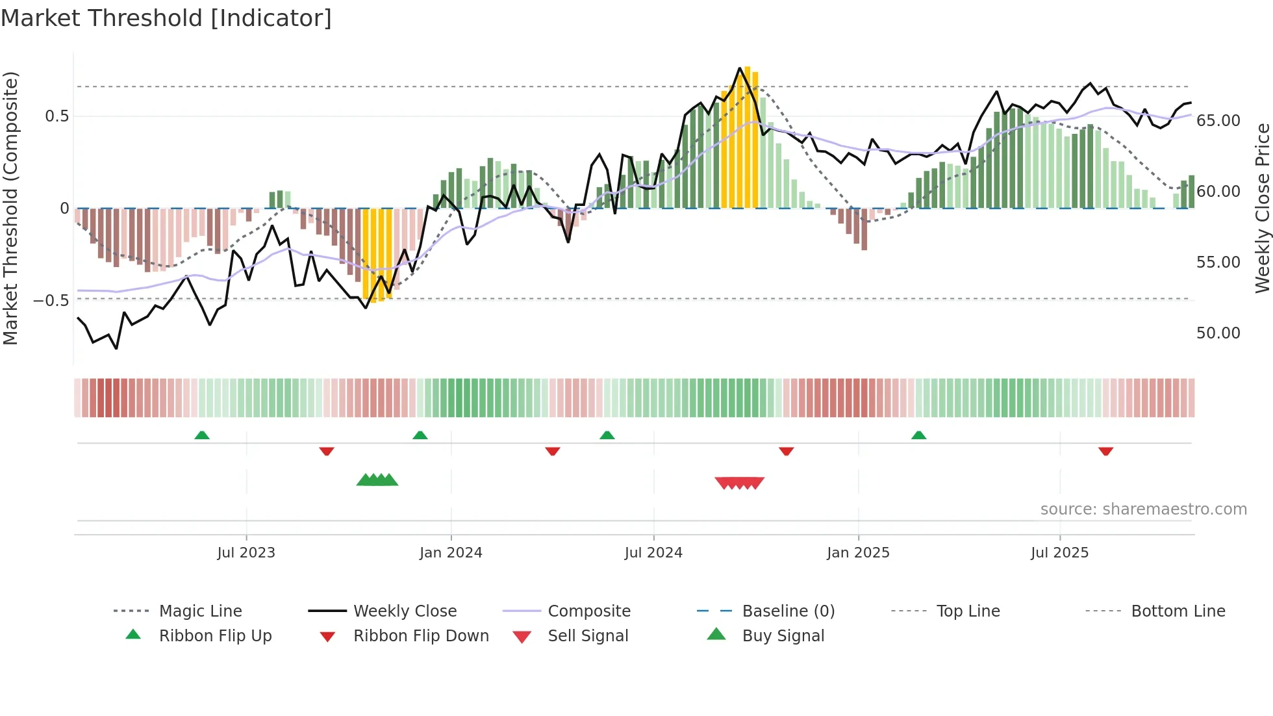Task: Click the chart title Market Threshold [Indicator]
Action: click(166, 18)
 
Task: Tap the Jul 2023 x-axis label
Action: click(246, 553)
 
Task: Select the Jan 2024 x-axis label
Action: click(451, 553)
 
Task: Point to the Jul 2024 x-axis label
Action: click(653, 553)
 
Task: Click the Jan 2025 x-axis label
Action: click(858, 553)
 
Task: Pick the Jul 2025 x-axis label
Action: click(1059, 553)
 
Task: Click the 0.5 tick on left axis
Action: click(57, 116)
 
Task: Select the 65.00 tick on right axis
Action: click(1218, 121)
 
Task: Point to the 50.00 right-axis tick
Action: click(1218, 333)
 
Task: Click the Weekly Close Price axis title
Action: click(1262, 208)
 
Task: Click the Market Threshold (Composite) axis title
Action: click(10, 208)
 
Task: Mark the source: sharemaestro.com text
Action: click(1143, 509)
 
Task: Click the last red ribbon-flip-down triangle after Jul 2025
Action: click(1105, 451)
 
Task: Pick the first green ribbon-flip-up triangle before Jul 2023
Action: click(202, 435)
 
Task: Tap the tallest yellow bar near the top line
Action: click(748, 136)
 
